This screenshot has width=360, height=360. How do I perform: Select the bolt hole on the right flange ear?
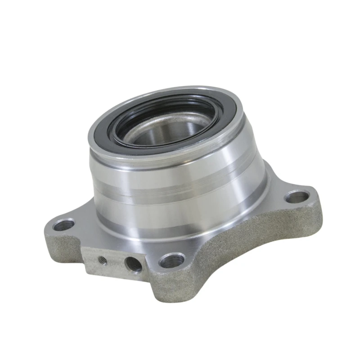click(297, 196)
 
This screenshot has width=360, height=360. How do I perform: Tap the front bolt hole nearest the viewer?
click(172, 260)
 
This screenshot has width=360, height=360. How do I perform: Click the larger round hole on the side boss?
click(133, 264)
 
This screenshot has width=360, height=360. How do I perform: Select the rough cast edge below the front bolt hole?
click(173, 288)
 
